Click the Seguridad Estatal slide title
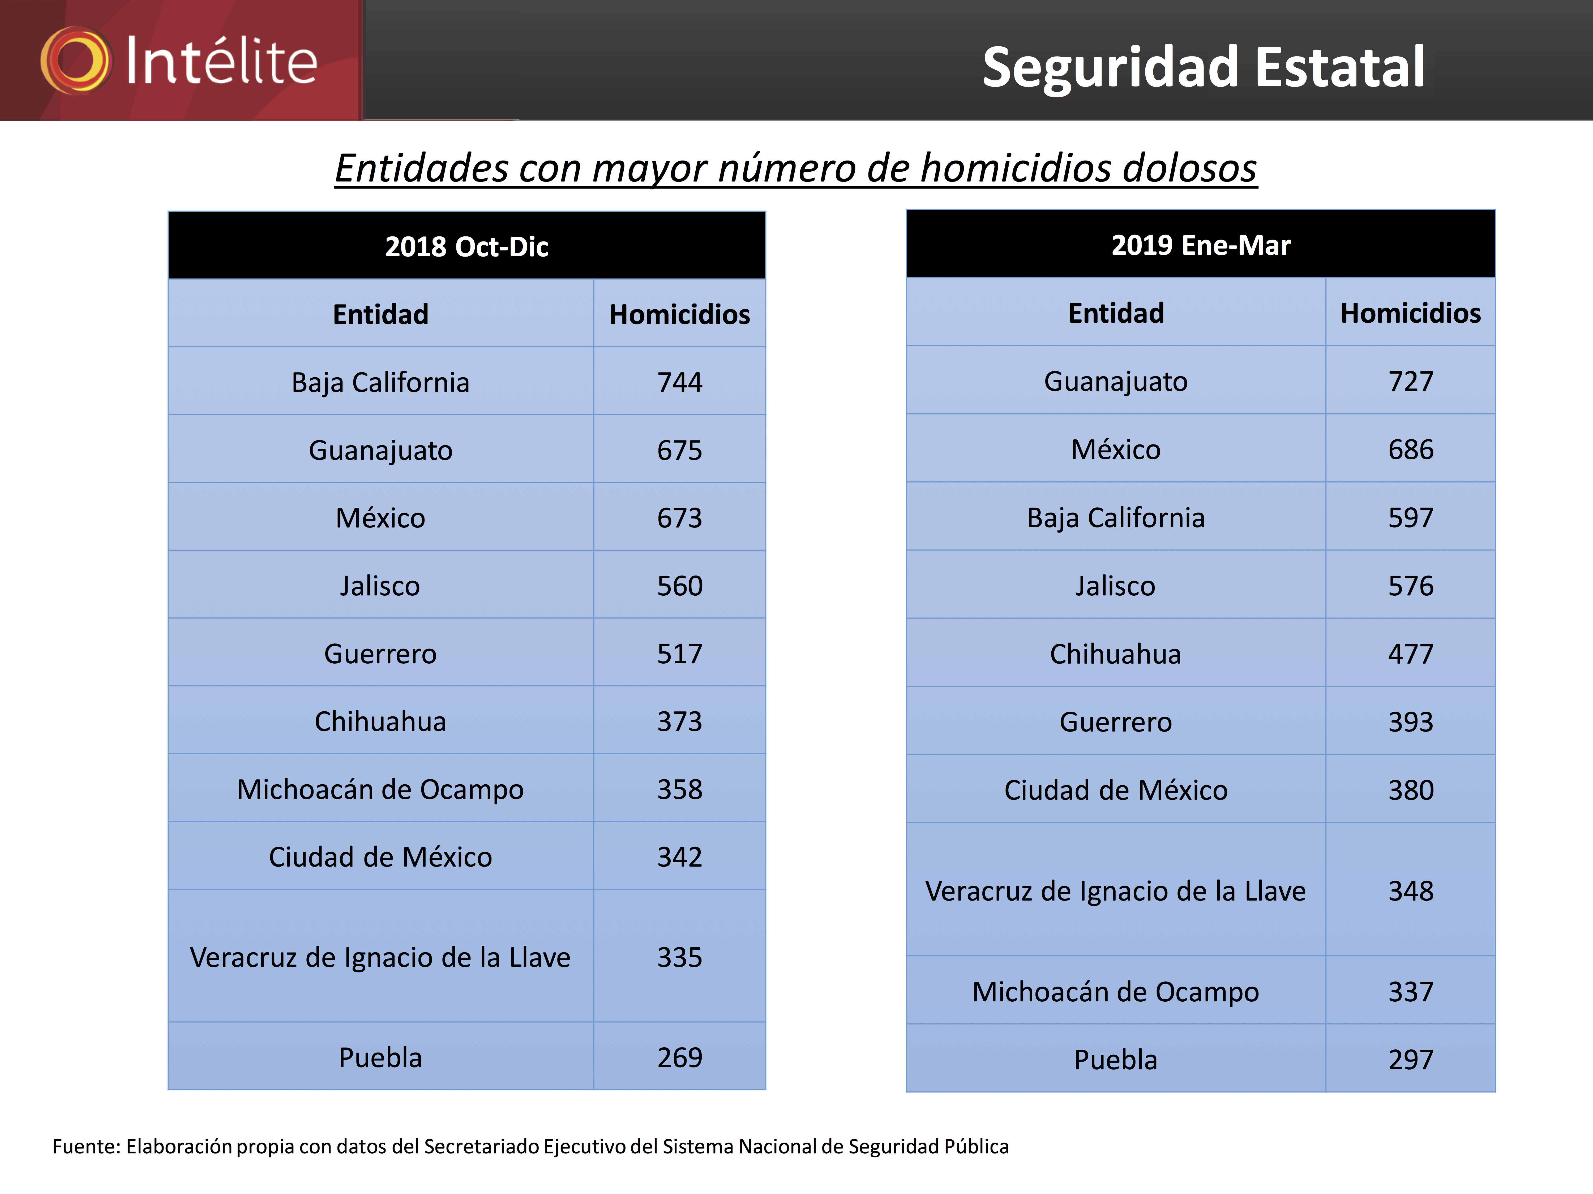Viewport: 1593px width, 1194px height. click(1204, 67)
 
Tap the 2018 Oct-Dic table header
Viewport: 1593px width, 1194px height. click(467, 246)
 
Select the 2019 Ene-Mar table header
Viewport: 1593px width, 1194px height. click(1201, 245)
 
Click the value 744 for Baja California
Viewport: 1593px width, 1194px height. click(679, 382)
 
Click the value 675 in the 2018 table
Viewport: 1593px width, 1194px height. click(679, 451)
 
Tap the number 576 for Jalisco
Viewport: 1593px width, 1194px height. click(1410, 586)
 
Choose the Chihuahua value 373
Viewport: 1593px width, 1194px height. click(679, 721)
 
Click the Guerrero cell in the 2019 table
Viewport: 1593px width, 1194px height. click(1116, 722)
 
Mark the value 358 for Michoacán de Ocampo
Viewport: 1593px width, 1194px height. click(679, 790)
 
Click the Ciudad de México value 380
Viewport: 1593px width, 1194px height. click(1410, 790)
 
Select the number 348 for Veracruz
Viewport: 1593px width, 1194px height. click(1410, 891)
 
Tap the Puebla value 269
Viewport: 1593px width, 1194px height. click(679, 1057)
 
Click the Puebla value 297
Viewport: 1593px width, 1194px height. click(1410, 1059)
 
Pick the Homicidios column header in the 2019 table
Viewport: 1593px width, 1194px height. click(1410, 313)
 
